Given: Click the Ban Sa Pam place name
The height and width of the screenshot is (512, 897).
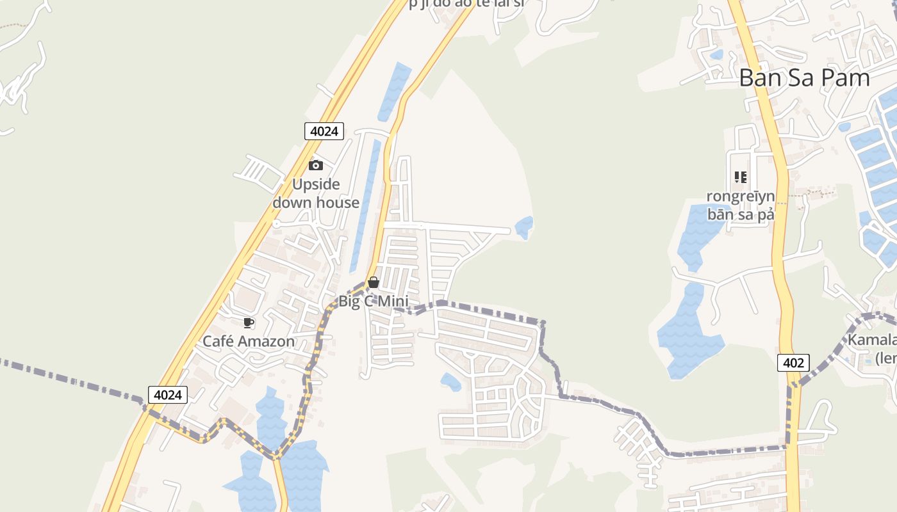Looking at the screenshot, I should pos(804,78).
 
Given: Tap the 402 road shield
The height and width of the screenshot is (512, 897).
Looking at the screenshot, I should pos(793,363).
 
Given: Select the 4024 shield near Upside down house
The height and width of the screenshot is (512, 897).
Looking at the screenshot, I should pos(324,131).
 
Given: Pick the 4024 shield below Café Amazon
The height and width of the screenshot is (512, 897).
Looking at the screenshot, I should pos(167,395).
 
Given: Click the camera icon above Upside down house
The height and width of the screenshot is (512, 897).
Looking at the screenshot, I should pos(315,166).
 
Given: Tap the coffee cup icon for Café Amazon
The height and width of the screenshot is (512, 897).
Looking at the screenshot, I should pos(249,323).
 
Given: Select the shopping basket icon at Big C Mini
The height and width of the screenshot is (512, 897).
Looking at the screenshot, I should pos(374,282).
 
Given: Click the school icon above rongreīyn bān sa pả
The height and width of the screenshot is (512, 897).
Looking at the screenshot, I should pos(741,177).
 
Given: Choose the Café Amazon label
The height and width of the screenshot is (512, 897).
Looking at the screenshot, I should pos(249,341).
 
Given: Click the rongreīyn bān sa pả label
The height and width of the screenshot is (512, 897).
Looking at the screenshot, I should pos(741,205).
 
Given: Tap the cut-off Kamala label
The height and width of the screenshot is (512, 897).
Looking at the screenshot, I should pos(871,348).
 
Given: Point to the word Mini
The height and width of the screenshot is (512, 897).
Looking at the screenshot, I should pos(394,301).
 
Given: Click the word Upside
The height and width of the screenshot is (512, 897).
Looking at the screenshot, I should pos(316,184).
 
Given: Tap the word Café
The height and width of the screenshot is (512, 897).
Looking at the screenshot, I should pos(217,341).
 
